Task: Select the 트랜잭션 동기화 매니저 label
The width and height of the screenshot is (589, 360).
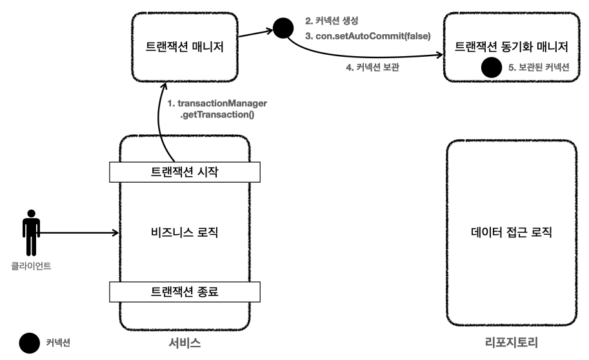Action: [x=511, y=46]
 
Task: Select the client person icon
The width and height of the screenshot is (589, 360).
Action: [x=31, y=233]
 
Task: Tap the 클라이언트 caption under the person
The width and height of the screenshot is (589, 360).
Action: [x=31, y=265]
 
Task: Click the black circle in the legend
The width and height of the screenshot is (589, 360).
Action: [x=30, y=343]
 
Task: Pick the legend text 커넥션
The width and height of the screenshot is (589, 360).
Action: [x=58, y=343]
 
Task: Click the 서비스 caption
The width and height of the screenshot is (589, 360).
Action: [x=185, y=343]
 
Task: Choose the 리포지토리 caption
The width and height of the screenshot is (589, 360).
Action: [x=512, y=343]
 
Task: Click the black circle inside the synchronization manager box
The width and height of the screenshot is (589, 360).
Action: [x=492, y=66]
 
